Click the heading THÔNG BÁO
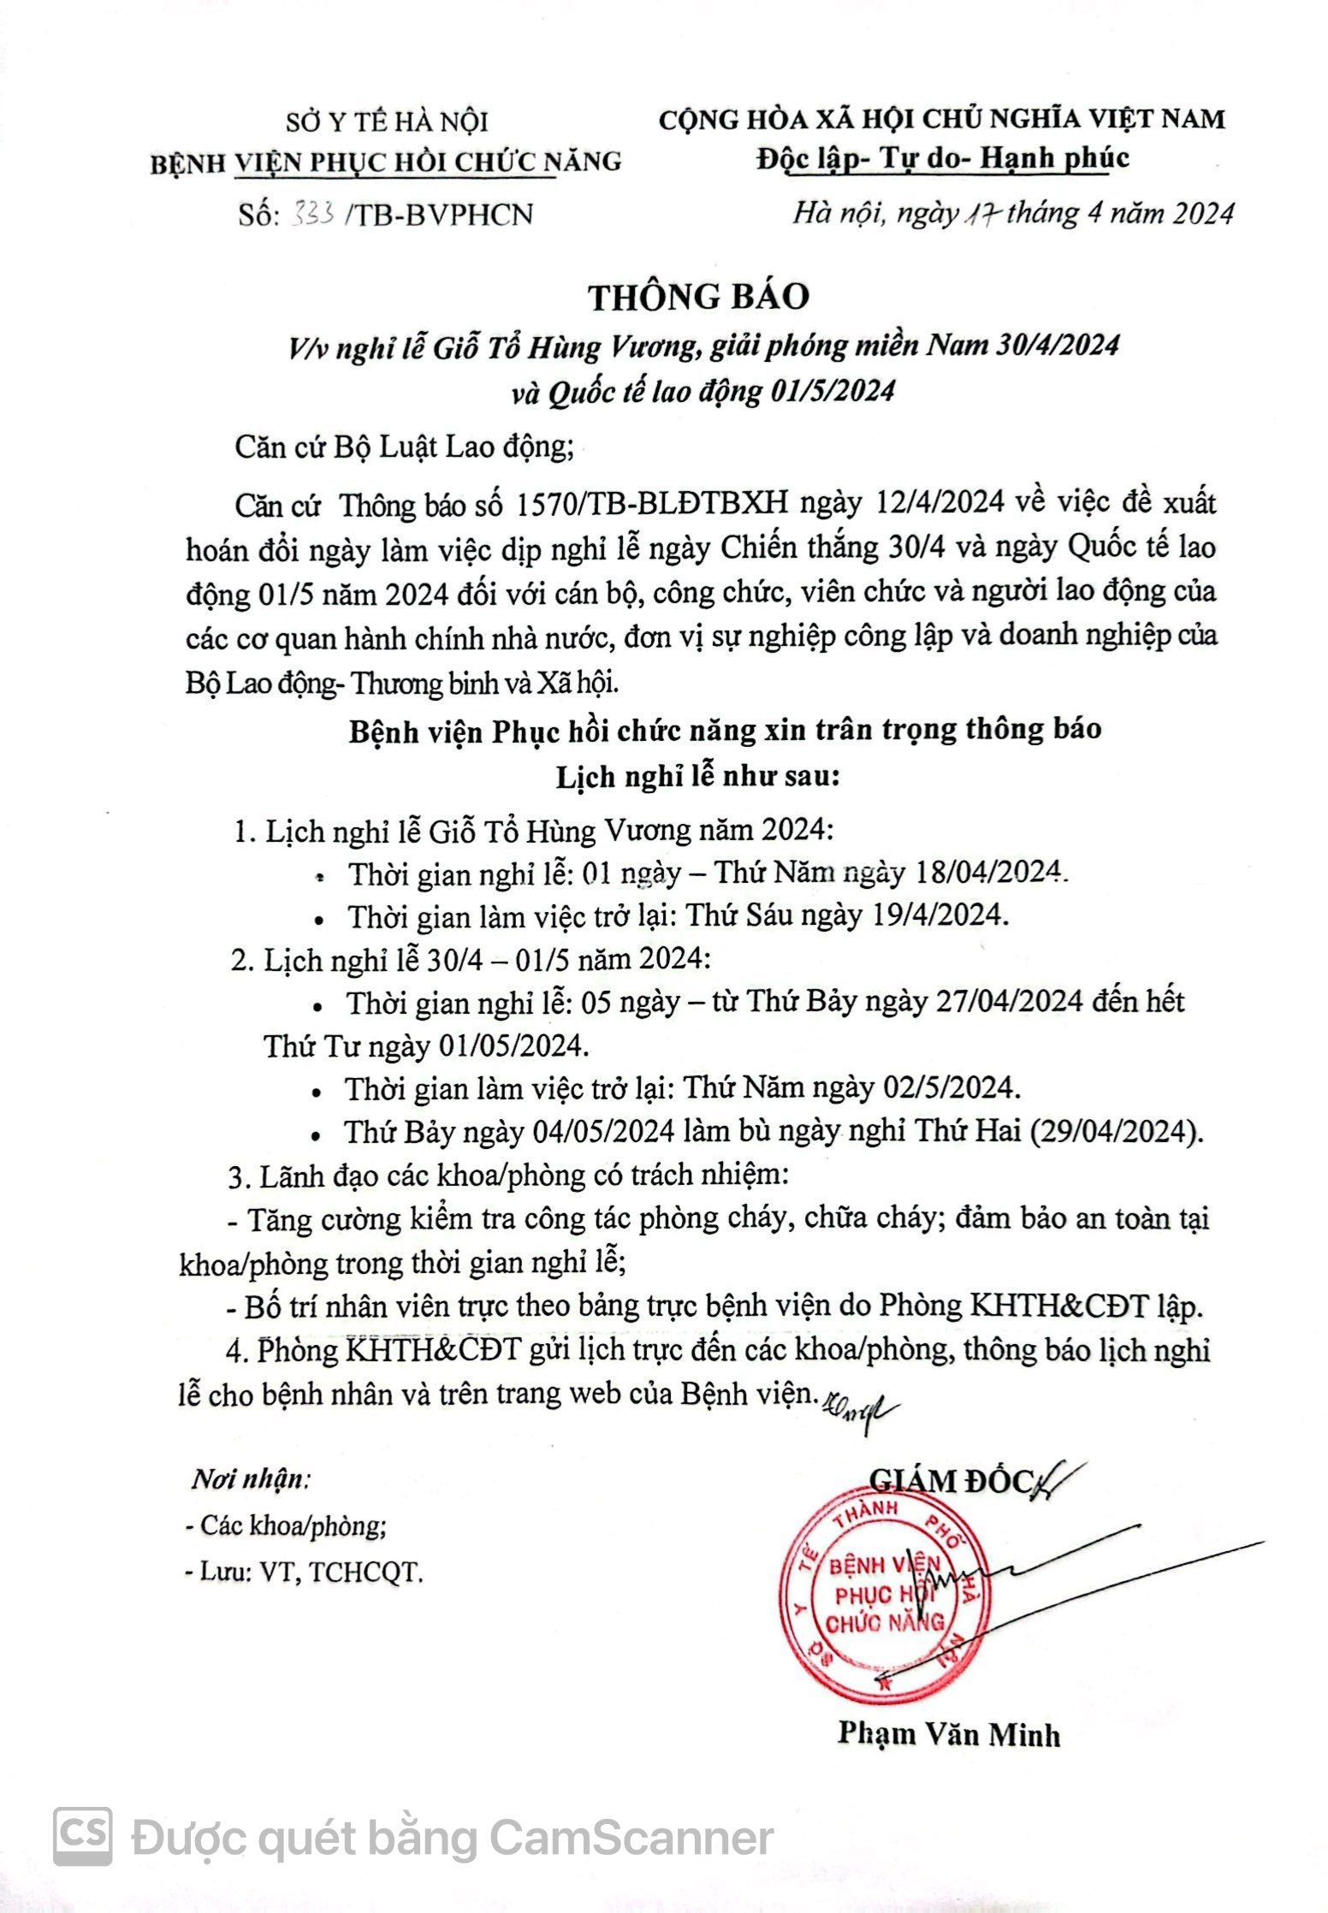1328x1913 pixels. point(698,296)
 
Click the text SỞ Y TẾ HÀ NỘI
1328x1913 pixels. point(387,121)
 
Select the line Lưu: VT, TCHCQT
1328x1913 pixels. point(305,1572)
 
